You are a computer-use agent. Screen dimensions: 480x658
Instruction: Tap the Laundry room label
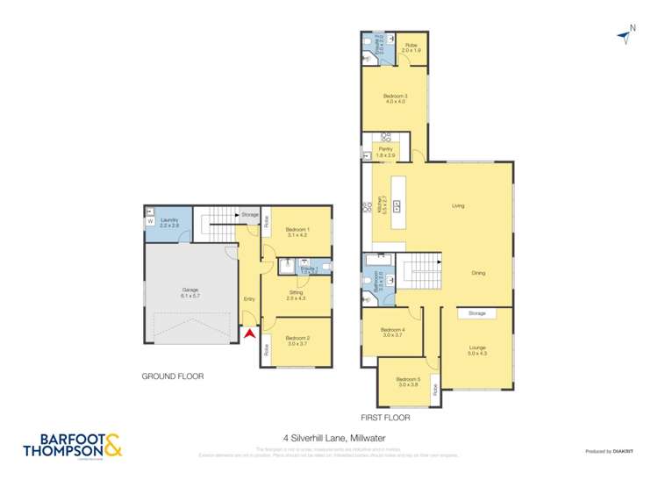[169, 223]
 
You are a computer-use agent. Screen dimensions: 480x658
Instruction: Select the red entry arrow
[249, 333]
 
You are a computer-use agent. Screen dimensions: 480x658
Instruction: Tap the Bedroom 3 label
[394, 98]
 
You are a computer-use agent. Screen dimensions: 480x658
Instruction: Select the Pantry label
[385, 152]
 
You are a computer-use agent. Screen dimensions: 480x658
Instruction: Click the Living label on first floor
[458, 206]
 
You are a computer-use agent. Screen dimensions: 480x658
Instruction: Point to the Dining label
[477, 273]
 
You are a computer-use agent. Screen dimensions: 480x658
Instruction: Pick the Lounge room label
[476, 349]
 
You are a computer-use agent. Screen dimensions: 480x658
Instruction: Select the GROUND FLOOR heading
[173, 376]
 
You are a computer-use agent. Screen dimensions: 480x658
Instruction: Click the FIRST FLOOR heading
[385, 418]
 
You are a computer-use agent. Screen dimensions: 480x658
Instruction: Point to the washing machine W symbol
[150, 221]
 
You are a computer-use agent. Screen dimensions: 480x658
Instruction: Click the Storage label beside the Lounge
[476, 312]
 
